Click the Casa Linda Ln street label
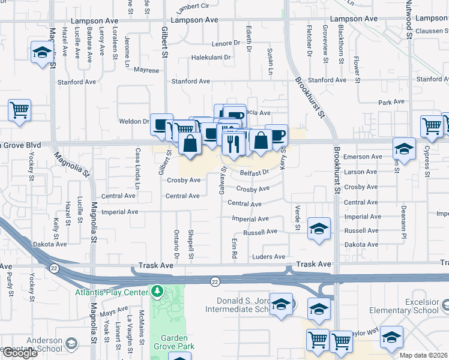coord(137,170)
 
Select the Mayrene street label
coord(146,70)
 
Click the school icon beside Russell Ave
coord(319,228)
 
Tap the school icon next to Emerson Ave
coord(404,149)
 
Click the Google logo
coord(19,353)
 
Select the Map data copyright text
coord(423,355)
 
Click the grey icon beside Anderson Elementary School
coord(71,343)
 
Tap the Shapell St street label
coord(191,244)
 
